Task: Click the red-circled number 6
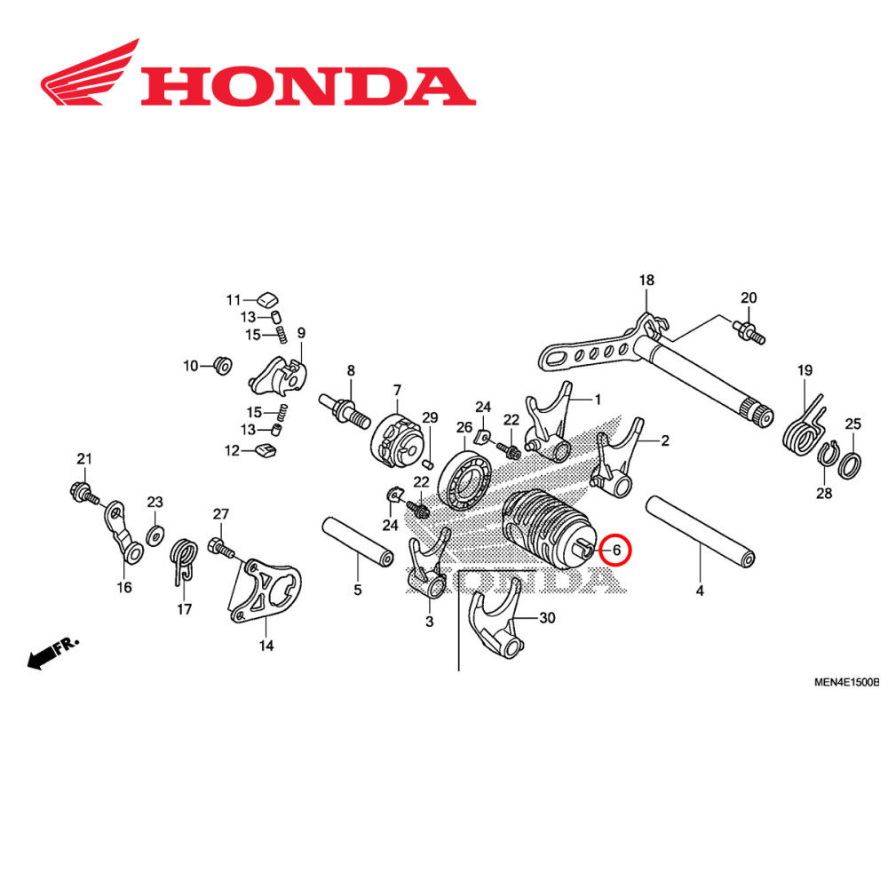tap(615, 551)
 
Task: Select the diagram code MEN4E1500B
tap(845, 682)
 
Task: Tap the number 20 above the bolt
tap(749, 297)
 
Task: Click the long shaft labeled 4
tap(702, 531)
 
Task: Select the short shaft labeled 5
tap(357, 541)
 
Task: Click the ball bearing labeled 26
tap(464, 480)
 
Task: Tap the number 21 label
tap(83, 459)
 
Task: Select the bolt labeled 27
tap(220, 546)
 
